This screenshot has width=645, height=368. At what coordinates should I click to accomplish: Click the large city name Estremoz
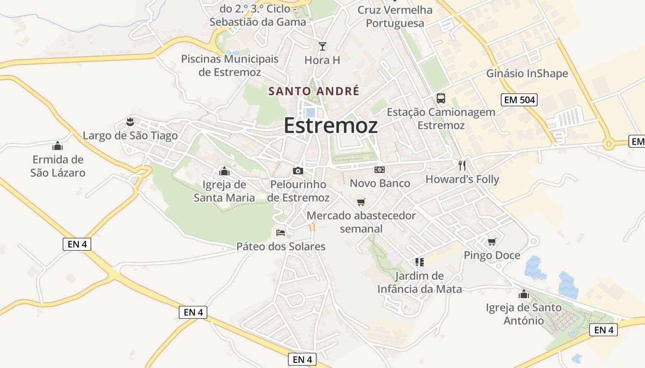pos(331,125)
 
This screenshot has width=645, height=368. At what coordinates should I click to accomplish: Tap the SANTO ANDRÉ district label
pos(314,91)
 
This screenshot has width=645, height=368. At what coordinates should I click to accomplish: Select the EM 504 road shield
pos(519,100)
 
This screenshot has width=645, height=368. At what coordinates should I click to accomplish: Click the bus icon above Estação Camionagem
pos(441,98)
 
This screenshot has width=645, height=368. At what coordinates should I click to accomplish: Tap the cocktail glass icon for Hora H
pos(322,46)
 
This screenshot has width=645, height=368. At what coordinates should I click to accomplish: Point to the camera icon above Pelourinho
pos(298,171)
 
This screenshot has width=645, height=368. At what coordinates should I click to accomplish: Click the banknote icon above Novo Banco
pos(380,170)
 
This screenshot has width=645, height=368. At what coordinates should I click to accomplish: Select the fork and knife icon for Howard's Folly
pos(462,166)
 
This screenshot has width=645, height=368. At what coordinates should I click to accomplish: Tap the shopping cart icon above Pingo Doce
pos(492,241)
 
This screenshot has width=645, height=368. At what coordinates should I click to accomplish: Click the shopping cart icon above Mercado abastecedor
pos(361,202)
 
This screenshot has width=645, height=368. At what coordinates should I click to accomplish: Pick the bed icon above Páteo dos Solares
pos(281,232)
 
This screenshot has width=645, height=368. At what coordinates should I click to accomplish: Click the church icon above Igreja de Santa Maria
pos(224,171)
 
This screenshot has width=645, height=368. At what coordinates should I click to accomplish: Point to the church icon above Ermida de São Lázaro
pos(58,146)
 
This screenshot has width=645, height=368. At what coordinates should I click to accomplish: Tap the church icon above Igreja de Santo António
pos(524,293)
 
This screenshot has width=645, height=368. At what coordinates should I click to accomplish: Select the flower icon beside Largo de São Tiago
pos(130,122)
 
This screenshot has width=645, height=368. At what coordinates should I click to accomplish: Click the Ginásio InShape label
pos(527,74)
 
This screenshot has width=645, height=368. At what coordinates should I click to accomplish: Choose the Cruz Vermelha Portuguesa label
pos(395,17)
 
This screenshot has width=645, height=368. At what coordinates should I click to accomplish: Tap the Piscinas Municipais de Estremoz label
pos(230,66)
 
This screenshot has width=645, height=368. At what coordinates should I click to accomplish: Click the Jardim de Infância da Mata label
pos(419,282)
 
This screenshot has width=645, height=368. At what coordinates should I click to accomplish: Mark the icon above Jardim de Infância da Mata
pos(419,262)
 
